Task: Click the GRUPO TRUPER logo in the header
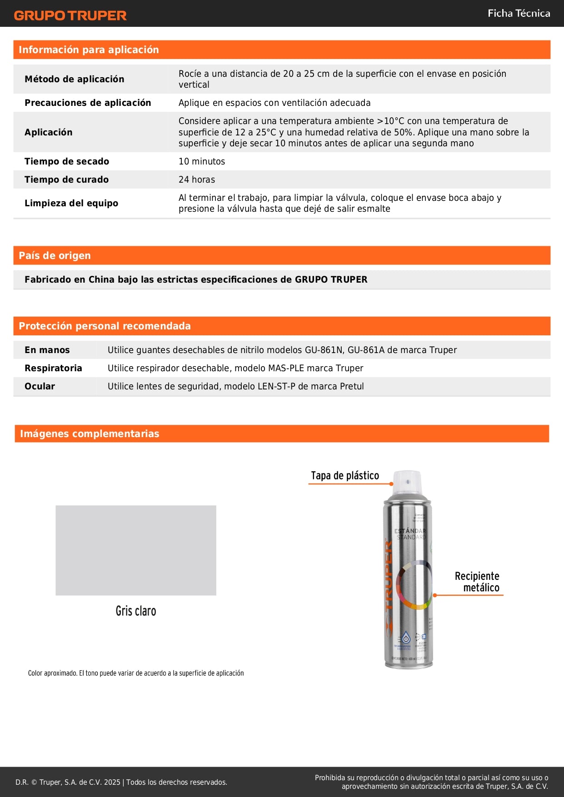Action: click(x=70, y=15)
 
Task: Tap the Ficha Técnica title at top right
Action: click(x=519, y=14)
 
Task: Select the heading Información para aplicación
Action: click(x=89, y=50)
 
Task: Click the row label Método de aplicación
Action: click(x=74, y=79)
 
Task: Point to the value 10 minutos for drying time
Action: click(x=201, y=161)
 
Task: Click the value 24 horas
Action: click(x=196, y=179)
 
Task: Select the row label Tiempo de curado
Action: click(x=66, y=179)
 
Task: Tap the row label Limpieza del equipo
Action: click(x=71, y=203)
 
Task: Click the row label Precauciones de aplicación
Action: click(x=88, y=103)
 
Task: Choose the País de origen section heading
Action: click(x=55, y=255)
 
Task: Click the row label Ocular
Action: click(x=40, y=386)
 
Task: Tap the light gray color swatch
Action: click(x=135, y=550)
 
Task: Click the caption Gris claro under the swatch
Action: click(x=135, y=611)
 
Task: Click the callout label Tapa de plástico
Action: click(x=344, y=476)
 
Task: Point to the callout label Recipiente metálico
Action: click(x=477, y=582)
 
